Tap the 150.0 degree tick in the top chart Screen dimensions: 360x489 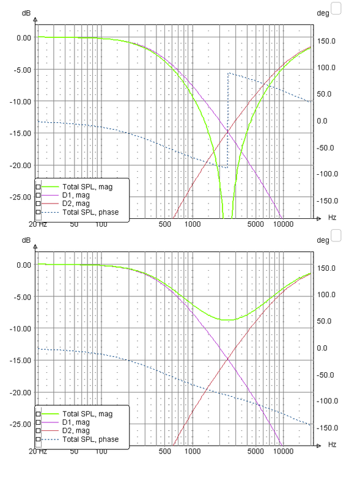coord(326,41)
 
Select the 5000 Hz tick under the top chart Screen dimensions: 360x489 coord(255,224)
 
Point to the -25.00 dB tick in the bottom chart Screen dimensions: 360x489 coord(21,424)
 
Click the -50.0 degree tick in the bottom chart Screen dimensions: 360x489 coord(325,375)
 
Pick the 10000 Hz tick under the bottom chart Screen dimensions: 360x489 coord(283,451)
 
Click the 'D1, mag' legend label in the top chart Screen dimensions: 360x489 coord(76,195)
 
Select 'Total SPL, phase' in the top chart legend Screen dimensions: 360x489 coord(90,212)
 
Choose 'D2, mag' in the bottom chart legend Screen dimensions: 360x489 coord(76,431)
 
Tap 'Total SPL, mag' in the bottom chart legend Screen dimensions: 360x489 coord(87,414)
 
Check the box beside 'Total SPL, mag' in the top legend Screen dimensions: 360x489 coord(38,187)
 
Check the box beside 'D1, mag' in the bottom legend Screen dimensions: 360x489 coord(38,422)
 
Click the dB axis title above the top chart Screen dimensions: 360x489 coord(26,13)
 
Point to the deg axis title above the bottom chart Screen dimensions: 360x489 coord(323,240)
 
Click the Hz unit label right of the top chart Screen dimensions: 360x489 coord(332,218)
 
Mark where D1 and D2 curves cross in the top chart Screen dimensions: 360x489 coord(228,132)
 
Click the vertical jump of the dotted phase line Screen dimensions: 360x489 coord(228,120)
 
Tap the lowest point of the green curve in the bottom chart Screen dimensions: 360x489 coord(227,320)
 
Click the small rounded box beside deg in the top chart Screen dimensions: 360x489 coord(336,9)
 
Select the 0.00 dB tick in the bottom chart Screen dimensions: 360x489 coord(24,265)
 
